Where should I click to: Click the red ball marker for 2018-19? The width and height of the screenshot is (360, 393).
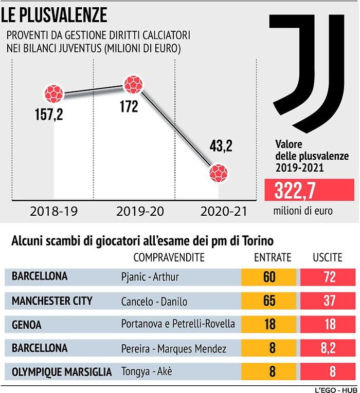(53, 93)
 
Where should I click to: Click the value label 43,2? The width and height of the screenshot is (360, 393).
(220, 146)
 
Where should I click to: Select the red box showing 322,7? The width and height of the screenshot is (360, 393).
(309, 190)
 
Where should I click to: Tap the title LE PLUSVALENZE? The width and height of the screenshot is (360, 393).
(54, 15)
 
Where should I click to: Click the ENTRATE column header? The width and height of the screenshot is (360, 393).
(273, 257)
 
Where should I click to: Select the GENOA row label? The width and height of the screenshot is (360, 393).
(26, 325)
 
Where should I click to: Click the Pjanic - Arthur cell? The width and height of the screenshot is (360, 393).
(150, 277)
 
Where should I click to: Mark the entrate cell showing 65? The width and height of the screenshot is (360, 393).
(269, 301)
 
